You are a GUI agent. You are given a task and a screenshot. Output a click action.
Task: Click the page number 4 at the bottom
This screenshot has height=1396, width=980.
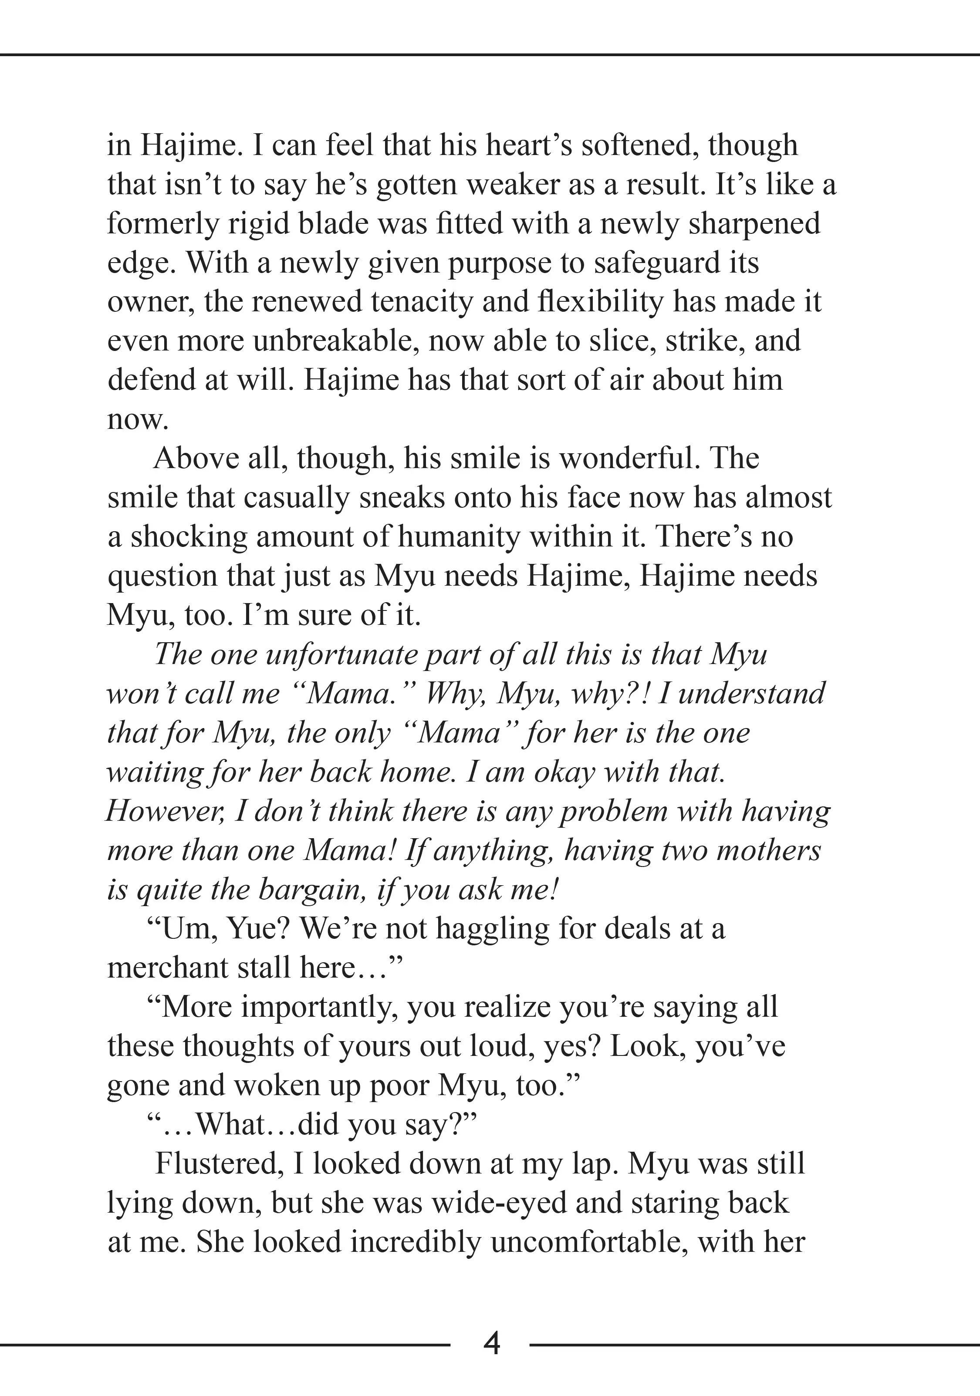(491, 1343)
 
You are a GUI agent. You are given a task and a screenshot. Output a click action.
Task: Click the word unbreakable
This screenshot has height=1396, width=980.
(336, 341)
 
